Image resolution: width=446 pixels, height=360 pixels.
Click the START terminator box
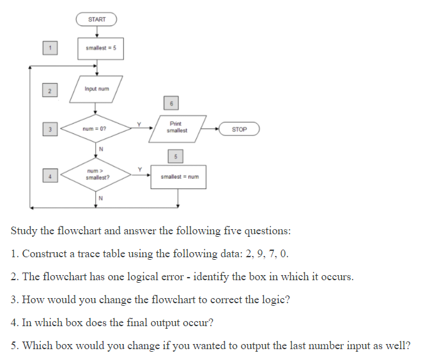pos(97,20)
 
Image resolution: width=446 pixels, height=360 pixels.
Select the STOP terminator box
pos(239,129)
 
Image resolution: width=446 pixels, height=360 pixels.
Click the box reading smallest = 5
pos(97,49)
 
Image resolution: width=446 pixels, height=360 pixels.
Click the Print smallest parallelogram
pos(177,127)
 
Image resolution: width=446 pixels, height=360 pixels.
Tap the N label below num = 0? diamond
pos(100,149)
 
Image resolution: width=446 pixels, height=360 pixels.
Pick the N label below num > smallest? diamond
pos(100,197)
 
